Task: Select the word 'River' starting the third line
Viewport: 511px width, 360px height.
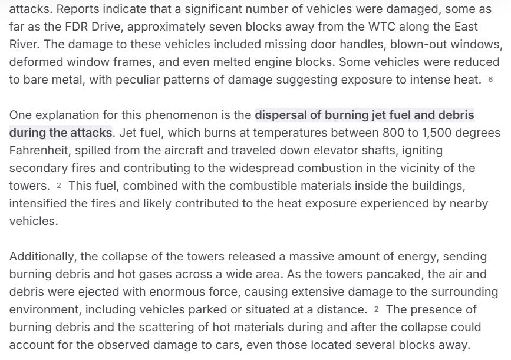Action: click(23, 45)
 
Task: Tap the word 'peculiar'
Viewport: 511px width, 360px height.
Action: click(144, 80)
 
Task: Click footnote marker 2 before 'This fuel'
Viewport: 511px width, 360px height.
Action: click(59, 186)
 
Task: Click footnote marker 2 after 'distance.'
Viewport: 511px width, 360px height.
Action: click(376, 310)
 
